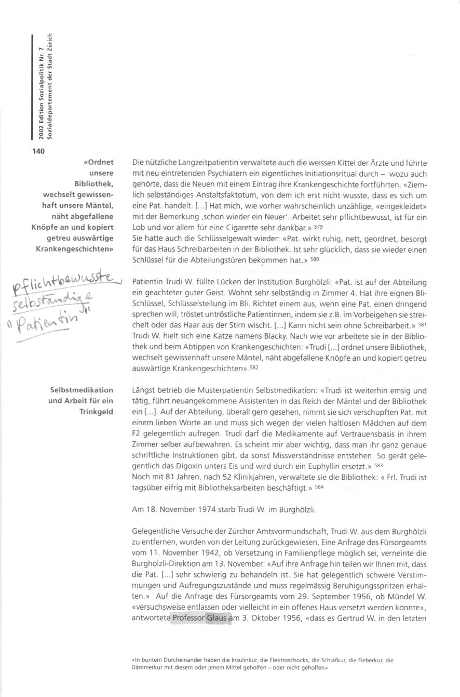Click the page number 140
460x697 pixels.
tap(38, 151)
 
